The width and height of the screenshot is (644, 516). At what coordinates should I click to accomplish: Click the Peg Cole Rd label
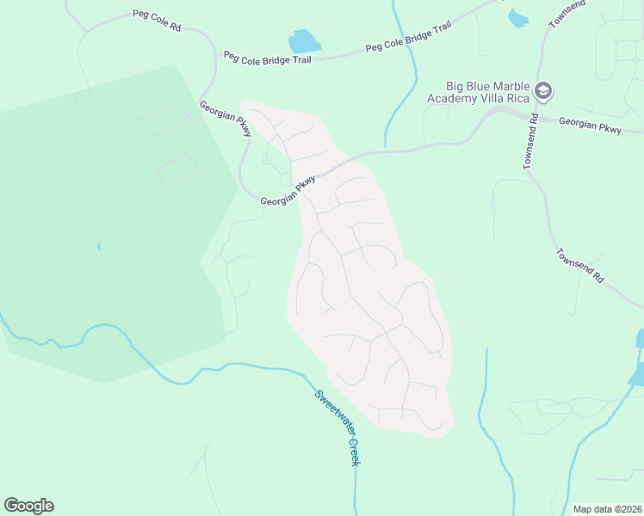(157, 21)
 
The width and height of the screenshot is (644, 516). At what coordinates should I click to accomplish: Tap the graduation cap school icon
(543, 89)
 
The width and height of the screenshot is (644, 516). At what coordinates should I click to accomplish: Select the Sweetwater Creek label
(337, 428)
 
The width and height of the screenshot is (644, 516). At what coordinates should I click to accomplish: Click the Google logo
(28, 506)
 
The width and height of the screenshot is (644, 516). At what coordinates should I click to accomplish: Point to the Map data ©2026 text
(607, 508)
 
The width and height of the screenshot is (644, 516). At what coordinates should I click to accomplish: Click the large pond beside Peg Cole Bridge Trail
(303, 41)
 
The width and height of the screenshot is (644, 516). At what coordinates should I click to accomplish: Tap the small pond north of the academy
(518, 17)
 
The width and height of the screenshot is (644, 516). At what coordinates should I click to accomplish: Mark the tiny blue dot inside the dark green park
(98, 246)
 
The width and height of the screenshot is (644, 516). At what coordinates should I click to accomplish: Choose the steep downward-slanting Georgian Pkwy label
(225, 119)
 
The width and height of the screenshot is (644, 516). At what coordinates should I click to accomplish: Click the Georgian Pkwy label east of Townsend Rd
(590, 126)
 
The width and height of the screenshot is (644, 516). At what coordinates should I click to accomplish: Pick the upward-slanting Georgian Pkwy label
(288, 191)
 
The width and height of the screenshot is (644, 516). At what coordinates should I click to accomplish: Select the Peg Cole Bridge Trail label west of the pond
(267, 57)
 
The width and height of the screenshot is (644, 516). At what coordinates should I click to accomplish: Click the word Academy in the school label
(452, 99)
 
